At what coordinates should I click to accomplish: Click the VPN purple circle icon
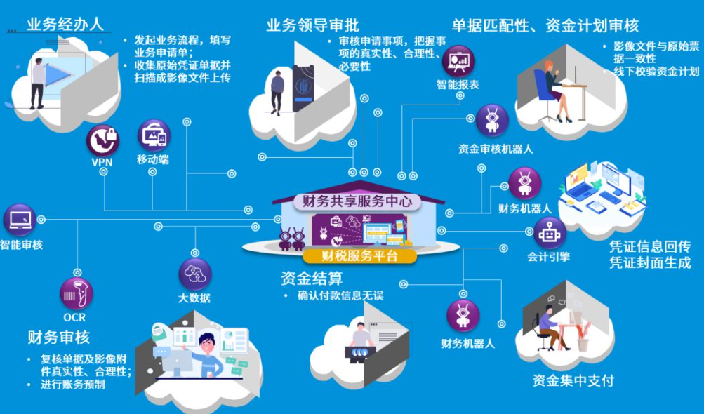102,140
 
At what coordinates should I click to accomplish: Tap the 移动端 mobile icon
154,136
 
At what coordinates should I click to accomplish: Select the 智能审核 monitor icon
19,220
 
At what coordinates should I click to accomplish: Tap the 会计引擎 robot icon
549,233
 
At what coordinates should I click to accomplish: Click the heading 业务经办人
65,24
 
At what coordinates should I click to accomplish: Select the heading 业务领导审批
312,25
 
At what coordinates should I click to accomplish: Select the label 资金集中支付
573,380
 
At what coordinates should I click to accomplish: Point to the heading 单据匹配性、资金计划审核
545,26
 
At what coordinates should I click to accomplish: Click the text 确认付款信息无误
340,295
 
